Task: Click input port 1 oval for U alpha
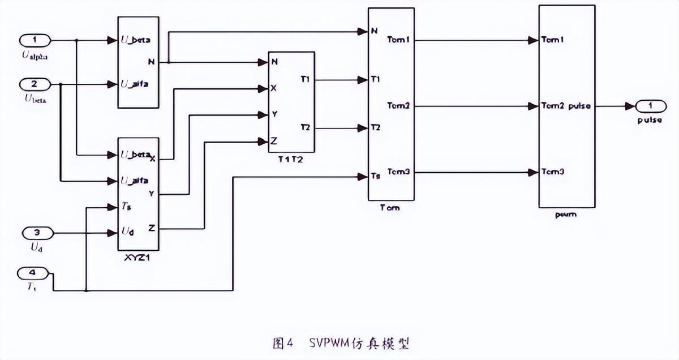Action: point(36,40)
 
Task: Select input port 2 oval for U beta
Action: point(36,84)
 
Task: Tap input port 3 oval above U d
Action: point(36,232)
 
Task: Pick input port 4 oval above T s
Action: point(36,273)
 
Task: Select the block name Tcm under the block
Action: point(390,207)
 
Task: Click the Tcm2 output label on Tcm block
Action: point(399,106)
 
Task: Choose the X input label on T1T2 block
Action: point(274,88)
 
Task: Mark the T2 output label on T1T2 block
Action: point(305,128)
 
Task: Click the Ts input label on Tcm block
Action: point(375,177)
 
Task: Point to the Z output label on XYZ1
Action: point(152,228)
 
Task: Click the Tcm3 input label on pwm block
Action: point(553,172)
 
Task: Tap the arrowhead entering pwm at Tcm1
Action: point(533,40)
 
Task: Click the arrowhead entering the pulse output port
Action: point(630,106)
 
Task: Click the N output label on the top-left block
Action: point(151,62)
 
